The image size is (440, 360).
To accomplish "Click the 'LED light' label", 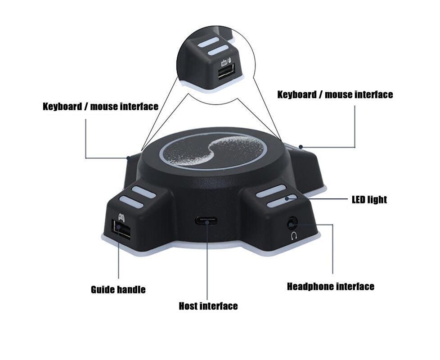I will click(369, 199).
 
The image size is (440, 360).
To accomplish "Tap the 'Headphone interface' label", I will click(330, 287).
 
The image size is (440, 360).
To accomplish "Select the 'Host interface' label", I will click(208, 306).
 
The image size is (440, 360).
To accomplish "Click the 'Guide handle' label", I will click(118, 289).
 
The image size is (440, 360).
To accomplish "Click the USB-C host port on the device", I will click(207, 220).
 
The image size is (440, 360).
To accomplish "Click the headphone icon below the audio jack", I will click(294, 235).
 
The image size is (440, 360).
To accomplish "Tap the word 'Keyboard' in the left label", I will click(63, 107).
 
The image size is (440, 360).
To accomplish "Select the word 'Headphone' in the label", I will click(310, 287).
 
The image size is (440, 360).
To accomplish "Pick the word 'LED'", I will click(359, 199).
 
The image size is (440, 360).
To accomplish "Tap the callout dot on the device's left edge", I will click(129, 158).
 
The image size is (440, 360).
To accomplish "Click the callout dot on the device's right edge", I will click(301, 147).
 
